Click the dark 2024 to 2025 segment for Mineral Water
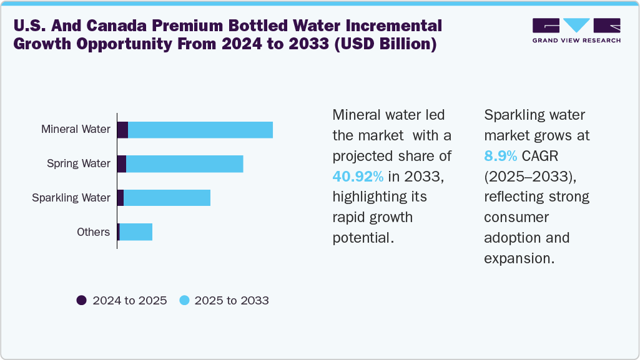[x=122, y=130]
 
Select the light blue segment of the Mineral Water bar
[x=200, y=130]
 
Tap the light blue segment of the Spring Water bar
[x=184, y=164]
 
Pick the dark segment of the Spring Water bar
[x=122, y=164]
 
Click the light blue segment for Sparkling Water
[x=167, y=198]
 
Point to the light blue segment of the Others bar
[x=135, y=232]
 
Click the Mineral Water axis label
[x=76, y=130]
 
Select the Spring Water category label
[x=78, y=163]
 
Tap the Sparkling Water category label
[x=71, y=198]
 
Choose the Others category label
[x=93, y=232]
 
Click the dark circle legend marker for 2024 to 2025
[x=82, y=300]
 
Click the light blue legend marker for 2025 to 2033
[x=184, y=300]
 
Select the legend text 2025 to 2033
[x=232, y=300]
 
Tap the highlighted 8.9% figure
[x=500, y=156]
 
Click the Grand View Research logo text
[x=576, y=41]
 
